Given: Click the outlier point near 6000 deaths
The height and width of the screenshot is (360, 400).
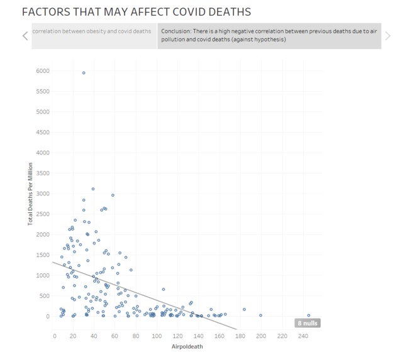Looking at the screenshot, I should tap(84, 73).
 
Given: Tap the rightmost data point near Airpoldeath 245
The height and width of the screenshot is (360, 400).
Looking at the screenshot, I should tap(309, 315).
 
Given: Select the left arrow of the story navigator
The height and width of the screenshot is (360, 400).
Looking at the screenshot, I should tap(25, 36).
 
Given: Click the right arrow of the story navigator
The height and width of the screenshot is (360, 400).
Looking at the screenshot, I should tap(388, 36).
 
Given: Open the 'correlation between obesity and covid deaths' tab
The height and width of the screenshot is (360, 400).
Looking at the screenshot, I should tap(92, 31).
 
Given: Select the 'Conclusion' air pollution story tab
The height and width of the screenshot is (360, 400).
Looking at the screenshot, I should tap(269, 35).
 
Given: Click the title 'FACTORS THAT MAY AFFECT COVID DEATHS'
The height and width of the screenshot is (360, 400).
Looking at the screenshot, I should tap(136, 12).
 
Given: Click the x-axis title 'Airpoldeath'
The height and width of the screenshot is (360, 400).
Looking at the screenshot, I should tap(187, 346).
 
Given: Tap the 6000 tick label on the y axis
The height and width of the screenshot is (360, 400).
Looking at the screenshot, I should tap(42, 71).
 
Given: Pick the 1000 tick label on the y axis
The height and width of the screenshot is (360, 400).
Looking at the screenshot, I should tap(42, 275).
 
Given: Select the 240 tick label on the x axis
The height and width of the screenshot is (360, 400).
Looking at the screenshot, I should tap(302, 335).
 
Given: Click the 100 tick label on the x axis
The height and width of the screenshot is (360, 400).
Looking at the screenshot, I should tap(158, 335).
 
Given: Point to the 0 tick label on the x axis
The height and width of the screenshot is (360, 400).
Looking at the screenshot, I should tap(55, 335).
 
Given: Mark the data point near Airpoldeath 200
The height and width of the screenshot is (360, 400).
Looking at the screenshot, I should tap(260, 315).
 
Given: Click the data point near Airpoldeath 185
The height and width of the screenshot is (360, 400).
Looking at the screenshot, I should tap(244, 309).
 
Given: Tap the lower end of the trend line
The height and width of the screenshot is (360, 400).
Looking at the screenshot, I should tap(236, 329).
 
